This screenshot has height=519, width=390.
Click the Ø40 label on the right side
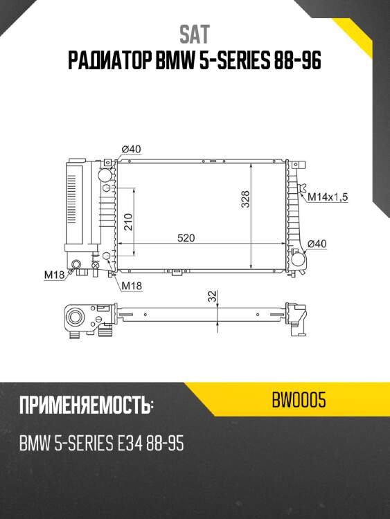(x=317, y=243)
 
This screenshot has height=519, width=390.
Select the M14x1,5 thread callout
(x=328, y=197)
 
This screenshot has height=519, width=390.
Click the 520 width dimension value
(x=186, y=238)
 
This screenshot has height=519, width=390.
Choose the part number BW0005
(x=300, y=400)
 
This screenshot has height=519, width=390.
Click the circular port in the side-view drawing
(x=75, y=318)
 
